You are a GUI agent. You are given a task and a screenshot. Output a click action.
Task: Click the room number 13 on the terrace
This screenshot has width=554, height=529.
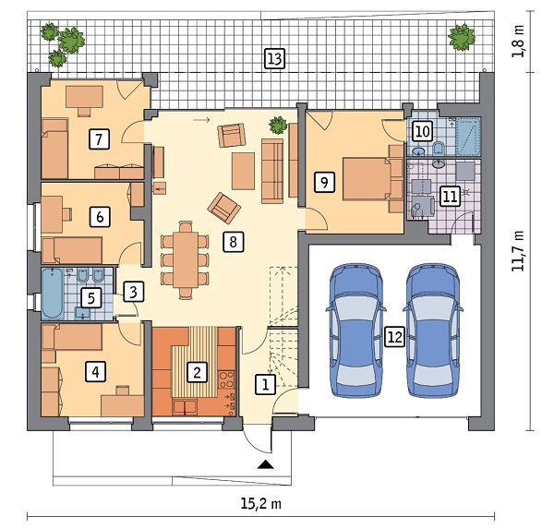pyautogui.click(x=275, y=59)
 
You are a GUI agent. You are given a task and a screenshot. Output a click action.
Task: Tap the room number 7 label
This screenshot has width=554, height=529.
pyautogui.click(x=99, y=138)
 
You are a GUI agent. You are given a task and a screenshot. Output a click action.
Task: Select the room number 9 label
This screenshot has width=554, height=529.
pyautogui.click(x=324, y=183)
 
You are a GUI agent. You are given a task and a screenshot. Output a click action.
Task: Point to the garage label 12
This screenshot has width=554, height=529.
pyautogui.click(x=394, y=337)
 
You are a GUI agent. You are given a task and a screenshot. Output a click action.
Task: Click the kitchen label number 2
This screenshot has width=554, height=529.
pyautogui.click(x=197, y=372)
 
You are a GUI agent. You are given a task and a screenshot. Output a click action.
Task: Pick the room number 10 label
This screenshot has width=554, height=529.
pyautogui.click(x=423, y=132)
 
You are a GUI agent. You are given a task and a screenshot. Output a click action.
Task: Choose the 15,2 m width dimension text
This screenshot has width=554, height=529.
pyautogui.click(x=261, y=503)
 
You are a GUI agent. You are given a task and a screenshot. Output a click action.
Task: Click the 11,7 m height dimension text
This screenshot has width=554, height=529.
pyautogui.click(x=518, y=251)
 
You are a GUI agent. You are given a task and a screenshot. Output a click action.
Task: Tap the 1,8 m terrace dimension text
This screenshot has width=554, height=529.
pyautogui.click(x=518, y=42)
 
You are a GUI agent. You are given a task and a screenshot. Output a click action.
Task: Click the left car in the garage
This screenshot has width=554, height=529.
pyautogui.click(x=355, y=331)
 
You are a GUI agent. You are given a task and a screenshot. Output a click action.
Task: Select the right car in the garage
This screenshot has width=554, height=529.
pyautogui.click(x=433, y=331)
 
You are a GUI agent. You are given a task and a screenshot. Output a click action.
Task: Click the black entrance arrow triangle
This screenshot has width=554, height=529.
pyautogui.click(x=266, y=464)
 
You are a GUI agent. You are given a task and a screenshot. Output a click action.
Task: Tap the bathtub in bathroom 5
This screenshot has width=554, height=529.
pyautogui.click(x=53, y=293)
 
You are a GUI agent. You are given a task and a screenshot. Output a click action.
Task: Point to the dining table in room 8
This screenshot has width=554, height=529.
pyautogui.click(x=186, y=259)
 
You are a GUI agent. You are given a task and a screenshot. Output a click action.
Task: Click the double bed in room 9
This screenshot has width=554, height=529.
pyautogui.click(x=367, y=179)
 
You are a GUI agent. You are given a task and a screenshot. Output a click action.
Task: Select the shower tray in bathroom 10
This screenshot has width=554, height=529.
pyautogui.click(x=468, y=137)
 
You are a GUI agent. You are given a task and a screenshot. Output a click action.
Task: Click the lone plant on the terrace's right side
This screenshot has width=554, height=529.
pyautogui.click(x=462, y=37)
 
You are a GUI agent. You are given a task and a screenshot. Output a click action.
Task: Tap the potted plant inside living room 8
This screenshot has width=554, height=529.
pyautogui.click(x=278, y=125)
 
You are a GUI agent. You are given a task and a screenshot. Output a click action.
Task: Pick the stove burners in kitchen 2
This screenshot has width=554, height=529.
pyautogui.click(x=226, y=379)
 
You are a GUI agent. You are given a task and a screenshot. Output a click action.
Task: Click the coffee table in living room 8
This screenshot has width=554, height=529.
pyautogui.click(x=243, y=171)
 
